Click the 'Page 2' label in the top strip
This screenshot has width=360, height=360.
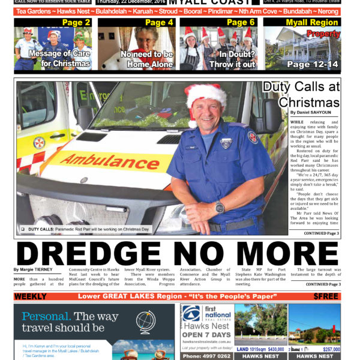(x=76, y=23)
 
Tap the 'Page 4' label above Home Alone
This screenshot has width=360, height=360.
(x=159, y=23)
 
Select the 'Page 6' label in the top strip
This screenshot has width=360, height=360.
(x=241, y=23)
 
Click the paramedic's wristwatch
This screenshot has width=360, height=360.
(x=220, y=208)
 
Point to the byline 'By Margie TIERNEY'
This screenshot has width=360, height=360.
(x=34, y=270)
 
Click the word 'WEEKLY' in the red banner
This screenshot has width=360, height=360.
(x=31, y=296)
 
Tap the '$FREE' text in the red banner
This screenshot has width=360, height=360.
(x=326, y=296)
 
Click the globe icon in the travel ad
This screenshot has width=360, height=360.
(x=145, y=322)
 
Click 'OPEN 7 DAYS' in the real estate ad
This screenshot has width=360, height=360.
(x=206, y=334)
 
